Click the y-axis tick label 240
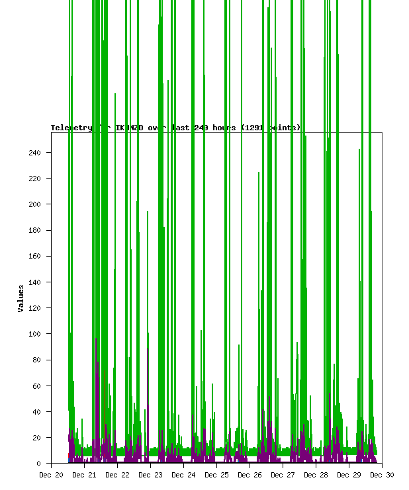pyautogui.click(x=34, y=153)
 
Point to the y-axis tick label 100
pyautogui.click(x=34, y=334)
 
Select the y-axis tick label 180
pyautogui.click(x=34, y=230)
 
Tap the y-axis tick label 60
pyautogui.click(x=36, y=386)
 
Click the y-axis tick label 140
pyautogui.click(x=34, y=282)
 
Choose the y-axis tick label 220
pyautogui.click(x=34, y=179)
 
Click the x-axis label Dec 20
pyautogui.click(x=51, y=475)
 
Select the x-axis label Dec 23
pyautogui.click(x=150, y=475)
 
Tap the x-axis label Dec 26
pyautogui.click(x=250, y=475)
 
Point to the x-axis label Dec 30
pyautogui.click(x=382, y=475)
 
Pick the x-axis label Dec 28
pyautogui.click(x=316, y=475)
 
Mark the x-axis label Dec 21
pyautogui.click(x=84, y=475)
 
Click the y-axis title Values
pyautogui.click(x=21, y=299)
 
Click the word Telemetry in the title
pyautogui.click(x=71, y=128)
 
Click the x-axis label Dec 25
pyautogui.click(x=216, y=475)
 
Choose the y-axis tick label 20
pyautogui.click(x=36, y=438)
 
